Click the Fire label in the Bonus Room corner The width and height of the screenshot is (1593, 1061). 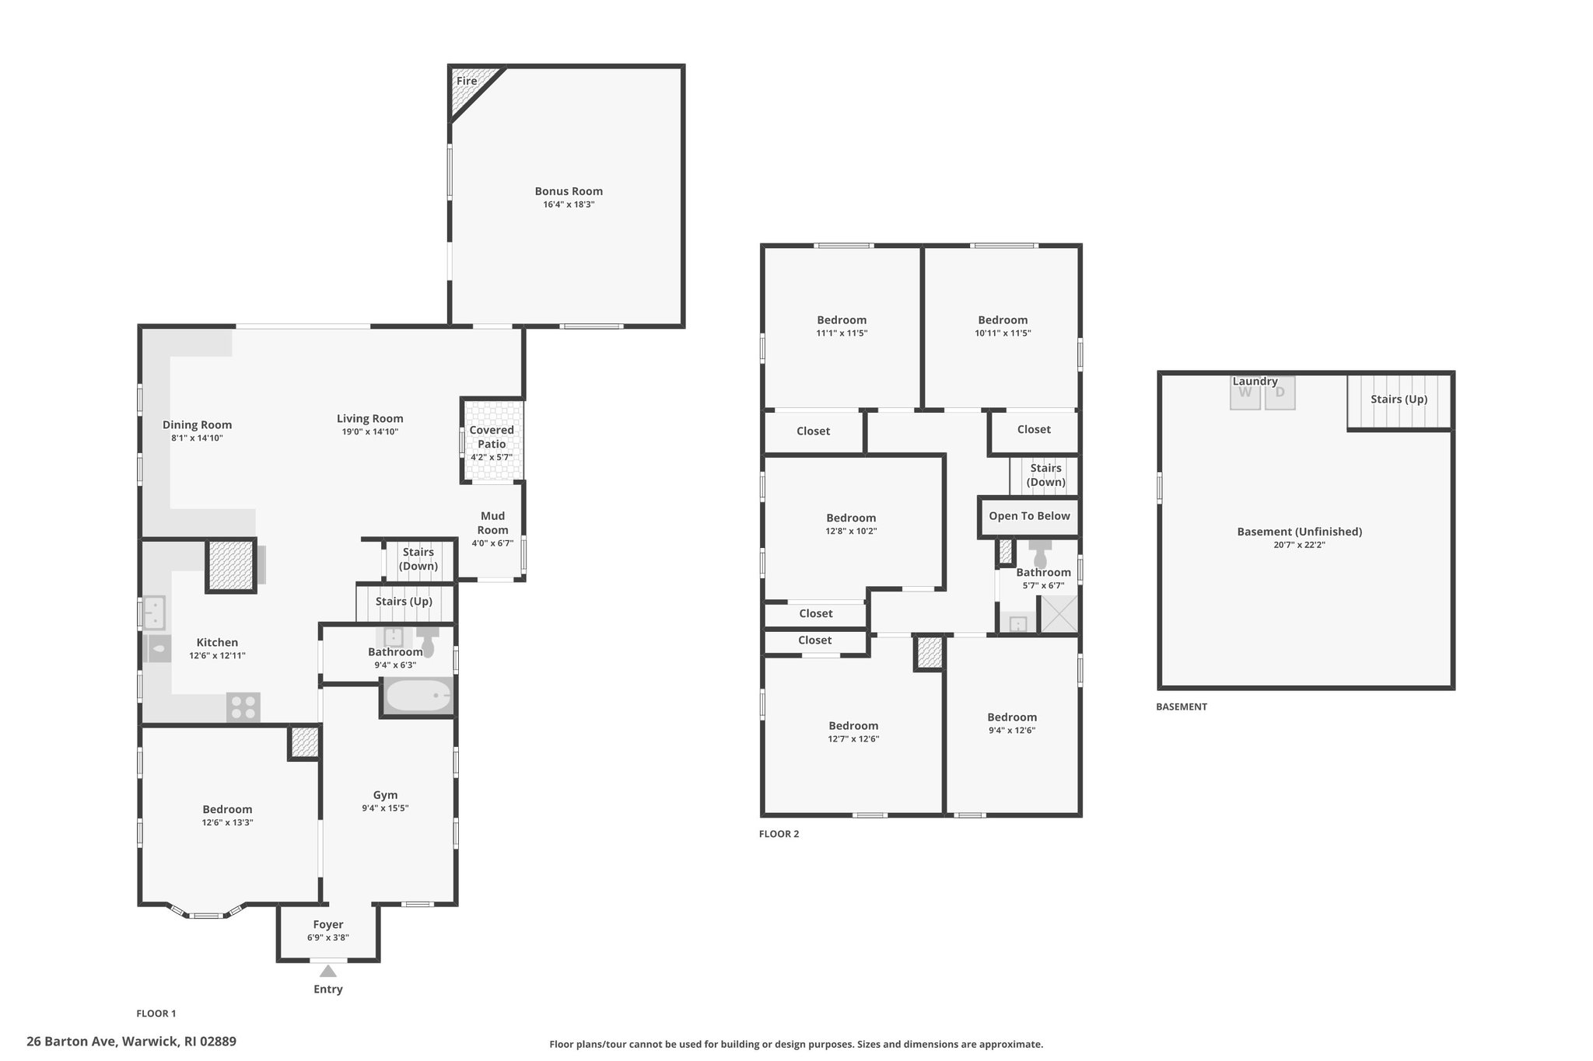click(467, 81)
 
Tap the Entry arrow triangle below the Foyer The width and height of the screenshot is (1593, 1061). click(328, 971)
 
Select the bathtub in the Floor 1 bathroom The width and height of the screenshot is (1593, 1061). click(418, 696)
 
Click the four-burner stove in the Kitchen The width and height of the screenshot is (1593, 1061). click(243, 707)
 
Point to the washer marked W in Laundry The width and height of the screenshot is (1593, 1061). click(1245, 393)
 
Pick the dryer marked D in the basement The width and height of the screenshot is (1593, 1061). click(1280, 393)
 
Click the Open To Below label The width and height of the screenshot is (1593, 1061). click(1029, 516)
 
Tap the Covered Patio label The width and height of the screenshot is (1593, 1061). click(492, 437)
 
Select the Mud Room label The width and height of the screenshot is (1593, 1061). click(492, 523)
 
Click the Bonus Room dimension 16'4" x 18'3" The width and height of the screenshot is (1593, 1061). click(569, 204)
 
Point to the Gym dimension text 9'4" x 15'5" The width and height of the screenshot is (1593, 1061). click(385, 808)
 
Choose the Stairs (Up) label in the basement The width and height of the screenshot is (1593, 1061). click(1399, 400)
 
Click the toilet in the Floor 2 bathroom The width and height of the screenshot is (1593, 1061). click(1040, 553)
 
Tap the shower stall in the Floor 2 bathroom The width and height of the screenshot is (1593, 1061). click(1059, 614)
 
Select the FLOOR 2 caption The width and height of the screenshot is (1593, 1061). click(779, 834)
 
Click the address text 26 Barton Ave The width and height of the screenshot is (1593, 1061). click(71, 1042)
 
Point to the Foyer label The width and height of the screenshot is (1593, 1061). click(328, 925)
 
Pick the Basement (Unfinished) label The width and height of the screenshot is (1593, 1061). click(1300, 532)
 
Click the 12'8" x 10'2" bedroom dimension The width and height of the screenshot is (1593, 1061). click(851, 531)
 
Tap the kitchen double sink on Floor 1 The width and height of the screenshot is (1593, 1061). click(154, 613)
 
